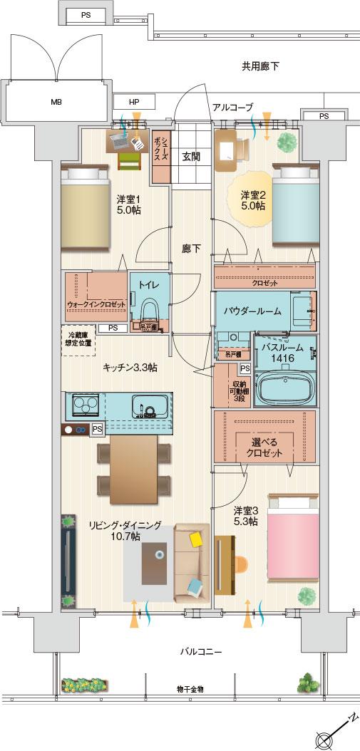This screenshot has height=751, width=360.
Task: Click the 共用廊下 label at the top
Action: click(x=259, y=66)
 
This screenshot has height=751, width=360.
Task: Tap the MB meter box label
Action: click(x=56, y=102)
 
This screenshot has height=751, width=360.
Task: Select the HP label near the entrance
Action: click(x=134, y=103)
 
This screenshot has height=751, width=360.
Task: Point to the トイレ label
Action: click(x=149, y=285)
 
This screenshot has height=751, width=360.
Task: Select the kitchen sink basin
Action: click(x=149, y=407)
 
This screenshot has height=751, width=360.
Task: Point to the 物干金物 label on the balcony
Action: click(x=190, y=689)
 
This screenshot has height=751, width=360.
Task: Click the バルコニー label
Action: click(x=201, y=651)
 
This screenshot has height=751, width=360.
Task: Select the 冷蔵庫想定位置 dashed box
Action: click(x=79, y=339)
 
